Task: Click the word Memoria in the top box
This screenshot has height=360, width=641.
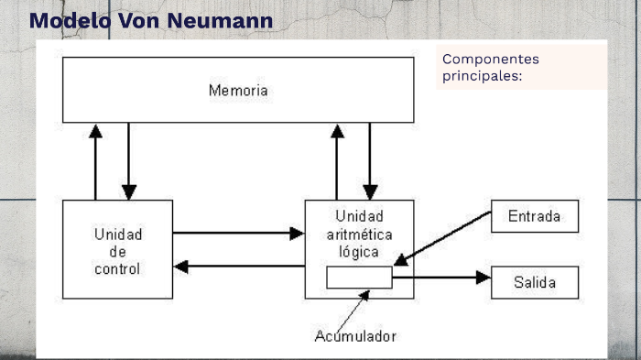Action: pos(238,91)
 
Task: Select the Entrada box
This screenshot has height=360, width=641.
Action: pos(535,216)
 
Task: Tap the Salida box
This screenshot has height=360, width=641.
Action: pos(535,282)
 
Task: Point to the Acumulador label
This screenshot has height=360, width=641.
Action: pos(355,336)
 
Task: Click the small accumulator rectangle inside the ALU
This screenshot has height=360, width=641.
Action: pos(359,278)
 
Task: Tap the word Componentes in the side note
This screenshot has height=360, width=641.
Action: pos(491,60)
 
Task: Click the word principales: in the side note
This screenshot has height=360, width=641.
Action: pos(482,76)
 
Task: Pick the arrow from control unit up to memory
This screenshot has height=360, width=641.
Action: pos(95,161)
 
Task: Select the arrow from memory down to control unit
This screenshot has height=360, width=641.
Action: pos(128,161)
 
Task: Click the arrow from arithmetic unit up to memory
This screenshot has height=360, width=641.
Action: pos(337,161)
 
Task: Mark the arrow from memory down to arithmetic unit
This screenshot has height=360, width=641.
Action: pos(370,161)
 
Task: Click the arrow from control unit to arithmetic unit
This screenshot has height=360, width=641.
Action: pos(238,233)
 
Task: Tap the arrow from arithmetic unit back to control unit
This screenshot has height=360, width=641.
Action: pos(238,267)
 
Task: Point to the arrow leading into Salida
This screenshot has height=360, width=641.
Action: pos(443,277)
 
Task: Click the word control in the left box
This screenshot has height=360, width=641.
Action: pos(117,269)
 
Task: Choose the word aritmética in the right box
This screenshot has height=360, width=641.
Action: pos(359,235)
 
